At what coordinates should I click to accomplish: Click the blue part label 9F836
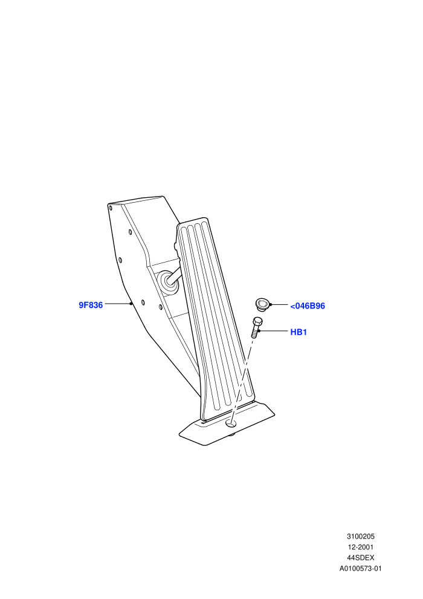91,305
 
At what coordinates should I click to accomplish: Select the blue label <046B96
308,306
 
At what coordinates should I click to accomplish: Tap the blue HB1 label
299,332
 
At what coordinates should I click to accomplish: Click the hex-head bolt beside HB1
256,327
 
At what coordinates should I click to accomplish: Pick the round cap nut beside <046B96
262,304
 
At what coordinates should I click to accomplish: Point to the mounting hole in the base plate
231,424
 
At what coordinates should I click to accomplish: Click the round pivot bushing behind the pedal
168,283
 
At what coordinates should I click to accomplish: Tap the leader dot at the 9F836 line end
131,304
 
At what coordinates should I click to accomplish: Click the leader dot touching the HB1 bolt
259,331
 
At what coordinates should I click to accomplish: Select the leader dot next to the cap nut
271,304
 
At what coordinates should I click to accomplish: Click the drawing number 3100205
360,536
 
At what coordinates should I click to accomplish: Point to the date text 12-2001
360,547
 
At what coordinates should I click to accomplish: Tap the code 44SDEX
360,558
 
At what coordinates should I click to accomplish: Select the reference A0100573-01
360,568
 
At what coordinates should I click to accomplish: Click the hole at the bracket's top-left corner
111,208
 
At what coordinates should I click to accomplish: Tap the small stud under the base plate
231,435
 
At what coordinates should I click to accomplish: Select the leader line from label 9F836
117,304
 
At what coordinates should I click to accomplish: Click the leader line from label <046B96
280,304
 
